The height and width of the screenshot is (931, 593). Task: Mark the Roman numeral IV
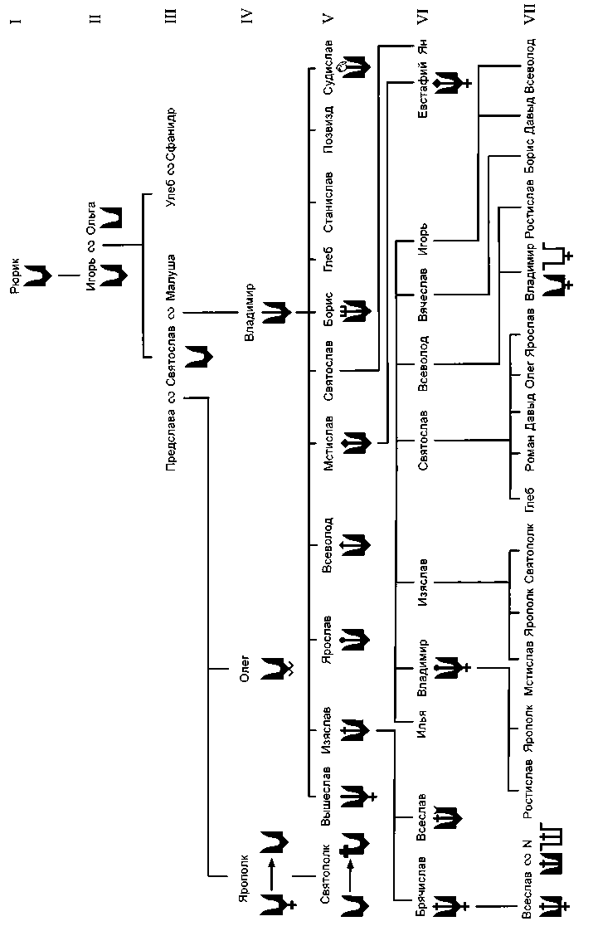[247, 15]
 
